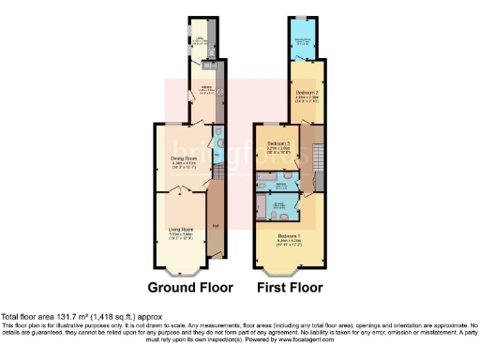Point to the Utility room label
pyautogui.click(x=200, y=39)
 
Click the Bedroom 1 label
pyautogui.click(x=289, y=235)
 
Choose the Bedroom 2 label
pyautogui.click(x=307, y=94)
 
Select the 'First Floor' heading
pyautogui.click(x=292, y=286)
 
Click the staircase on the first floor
pyautogui.click(x=316, y=159)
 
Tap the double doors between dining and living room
pyautogui.click(x=178, y=191)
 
